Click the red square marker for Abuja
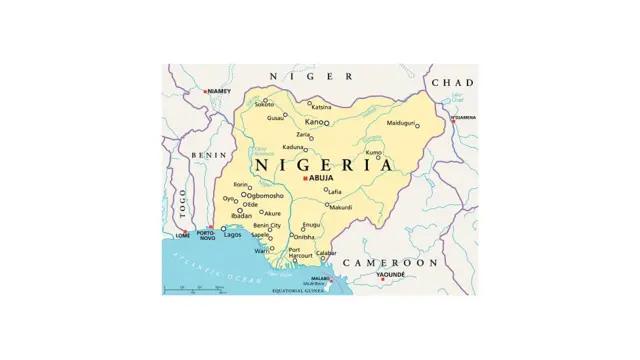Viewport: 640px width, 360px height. click(305, 178)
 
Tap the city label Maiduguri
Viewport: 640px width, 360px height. click(400, 123)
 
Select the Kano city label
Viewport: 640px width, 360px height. click(314, 122)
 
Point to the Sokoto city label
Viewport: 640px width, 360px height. click(263, 104)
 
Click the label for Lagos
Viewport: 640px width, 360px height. click(232, 235)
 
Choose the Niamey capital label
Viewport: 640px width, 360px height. click(219, 91)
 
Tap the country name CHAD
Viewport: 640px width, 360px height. click(452, 82)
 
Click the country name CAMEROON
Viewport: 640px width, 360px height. click(390, 262)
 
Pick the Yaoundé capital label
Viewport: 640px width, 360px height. click(391, 274)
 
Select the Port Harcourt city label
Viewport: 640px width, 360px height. click(300, 253)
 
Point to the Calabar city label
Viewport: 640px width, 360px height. click(327, 253)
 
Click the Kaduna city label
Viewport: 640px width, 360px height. click(293, 147)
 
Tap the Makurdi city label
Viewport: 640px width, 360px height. click(341, 208)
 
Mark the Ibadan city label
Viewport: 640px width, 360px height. click(241, 216)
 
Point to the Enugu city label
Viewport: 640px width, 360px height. click(311, 225)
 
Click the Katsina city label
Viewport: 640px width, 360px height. click(321, 107)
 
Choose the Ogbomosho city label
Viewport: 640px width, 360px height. click(266, 196)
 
